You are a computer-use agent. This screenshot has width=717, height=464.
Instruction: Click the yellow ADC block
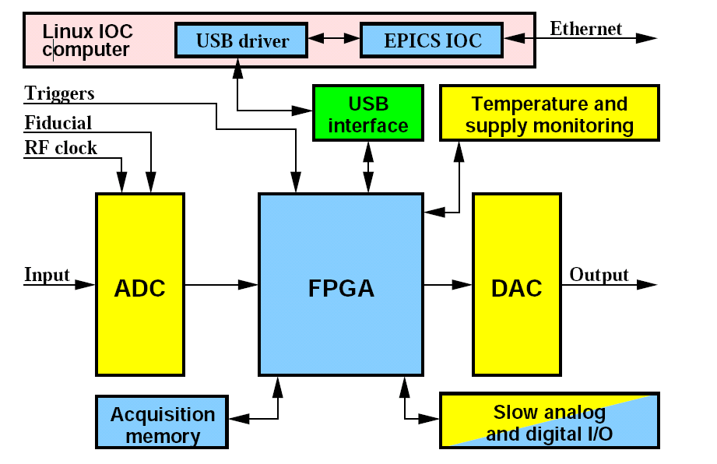[139, 287]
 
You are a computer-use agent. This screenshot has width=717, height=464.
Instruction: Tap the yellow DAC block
[517, 287]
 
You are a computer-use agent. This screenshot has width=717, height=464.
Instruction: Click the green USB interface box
[367, 114]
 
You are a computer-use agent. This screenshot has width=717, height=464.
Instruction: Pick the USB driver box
[242, 40]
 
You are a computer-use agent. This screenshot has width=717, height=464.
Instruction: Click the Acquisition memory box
[162, 424]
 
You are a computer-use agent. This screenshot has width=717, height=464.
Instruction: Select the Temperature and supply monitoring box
[549, 114]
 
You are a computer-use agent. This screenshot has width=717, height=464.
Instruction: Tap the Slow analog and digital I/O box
[549, 422]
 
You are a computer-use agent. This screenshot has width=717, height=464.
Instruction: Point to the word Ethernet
[585, 30]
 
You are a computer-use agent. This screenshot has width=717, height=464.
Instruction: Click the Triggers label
[59, 93]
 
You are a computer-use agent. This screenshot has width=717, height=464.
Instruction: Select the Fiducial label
[58, 123]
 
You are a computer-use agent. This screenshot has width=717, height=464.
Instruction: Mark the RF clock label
[61, 148]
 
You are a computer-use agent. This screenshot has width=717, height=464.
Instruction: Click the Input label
[47, 275]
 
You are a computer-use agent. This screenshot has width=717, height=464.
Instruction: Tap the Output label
[599, 275]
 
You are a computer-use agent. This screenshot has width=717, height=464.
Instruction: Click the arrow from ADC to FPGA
[221, 286]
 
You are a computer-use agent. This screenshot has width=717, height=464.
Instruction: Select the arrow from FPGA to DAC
[447, 286]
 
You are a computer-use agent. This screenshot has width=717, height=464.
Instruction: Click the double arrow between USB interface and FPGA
[367, 167]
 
